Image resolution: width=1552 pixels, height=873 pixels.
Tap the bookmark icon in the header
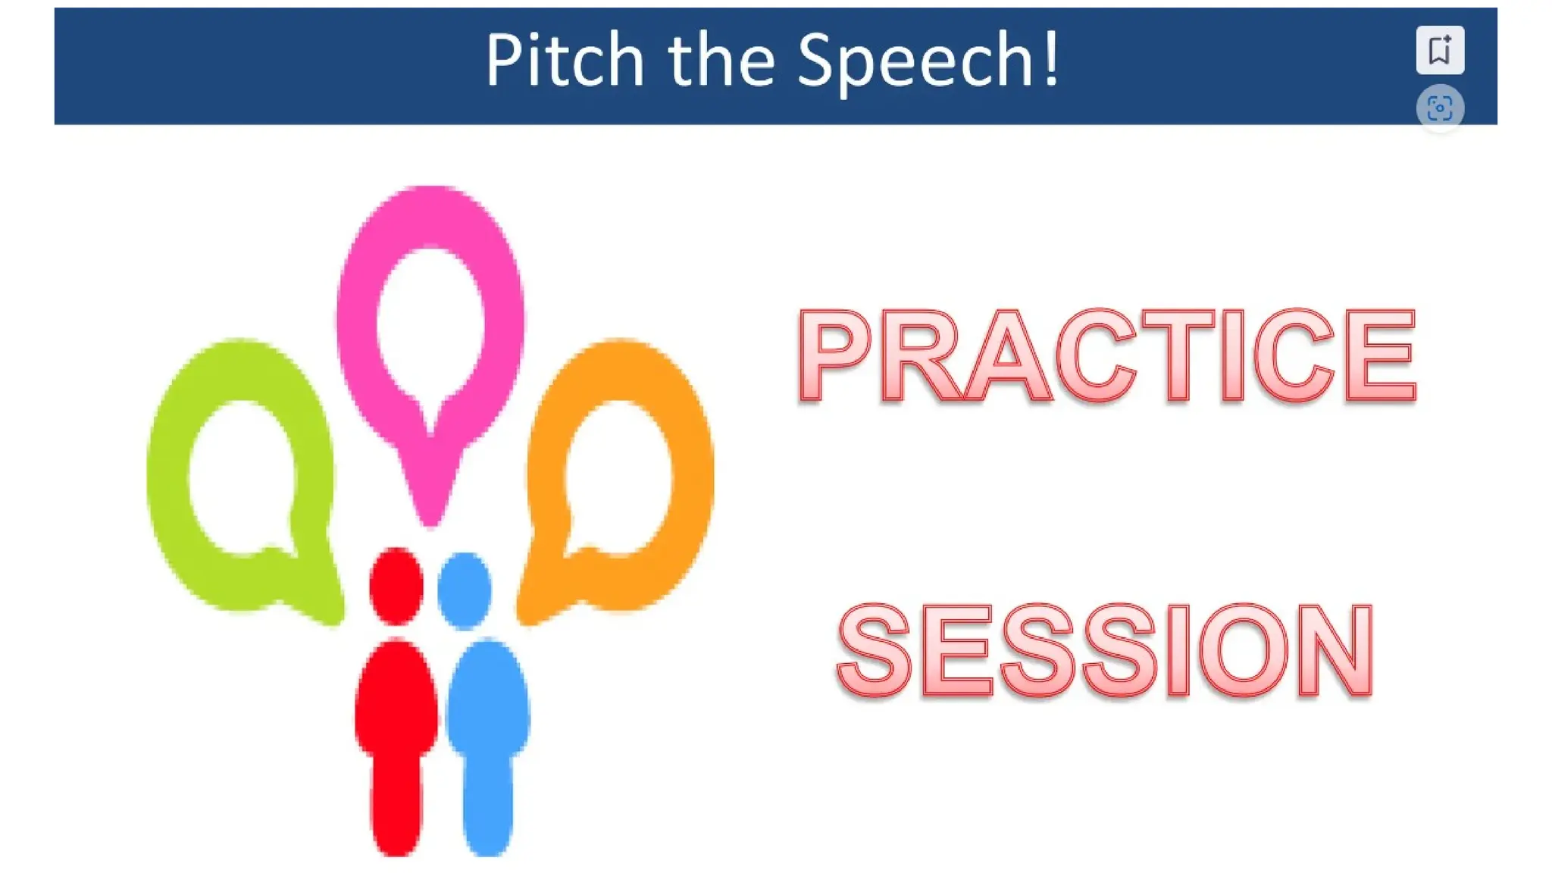pos(1439,50)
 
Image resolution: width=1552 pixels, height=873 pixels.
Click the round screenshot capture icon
pos(1439,108)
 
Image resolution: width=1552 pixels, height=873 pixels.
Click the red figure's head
pos(396,586)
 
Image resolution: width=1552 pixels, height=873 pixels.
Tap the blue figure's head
pos(464,590)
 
